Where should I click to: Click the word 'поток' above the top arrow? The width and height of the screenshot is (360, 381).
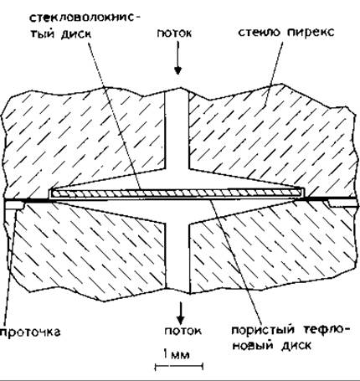174,33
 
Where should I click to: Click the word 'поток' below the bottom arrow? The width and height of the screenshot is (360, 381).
183,331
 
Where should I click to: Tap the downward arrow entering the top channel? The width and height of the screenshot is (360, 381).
177,58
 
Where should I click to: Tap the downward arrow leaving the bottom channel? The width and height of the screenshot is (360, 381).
181,311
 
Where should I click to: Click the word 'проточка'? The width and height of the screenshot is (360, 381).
30,332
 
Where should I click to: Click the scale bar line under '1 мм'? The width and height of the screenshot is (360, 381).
179,366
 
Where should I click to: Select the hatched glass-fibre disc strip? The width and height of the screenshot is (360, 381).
177,193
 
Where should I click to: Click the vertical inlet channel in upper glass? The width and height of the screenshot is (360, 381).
177,131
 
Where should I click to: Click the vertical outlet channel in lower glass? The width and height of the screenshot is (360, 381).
177,256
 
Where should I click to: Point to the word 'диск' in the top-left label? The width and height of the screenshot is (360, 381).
76,34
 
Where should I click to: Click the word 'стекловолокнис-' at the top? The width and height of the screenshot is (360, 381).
85,18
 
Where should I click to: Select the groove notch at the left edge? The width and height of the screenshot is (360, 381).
14,205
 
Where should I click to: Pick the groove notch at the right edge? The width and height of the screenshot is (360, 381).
343,203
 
